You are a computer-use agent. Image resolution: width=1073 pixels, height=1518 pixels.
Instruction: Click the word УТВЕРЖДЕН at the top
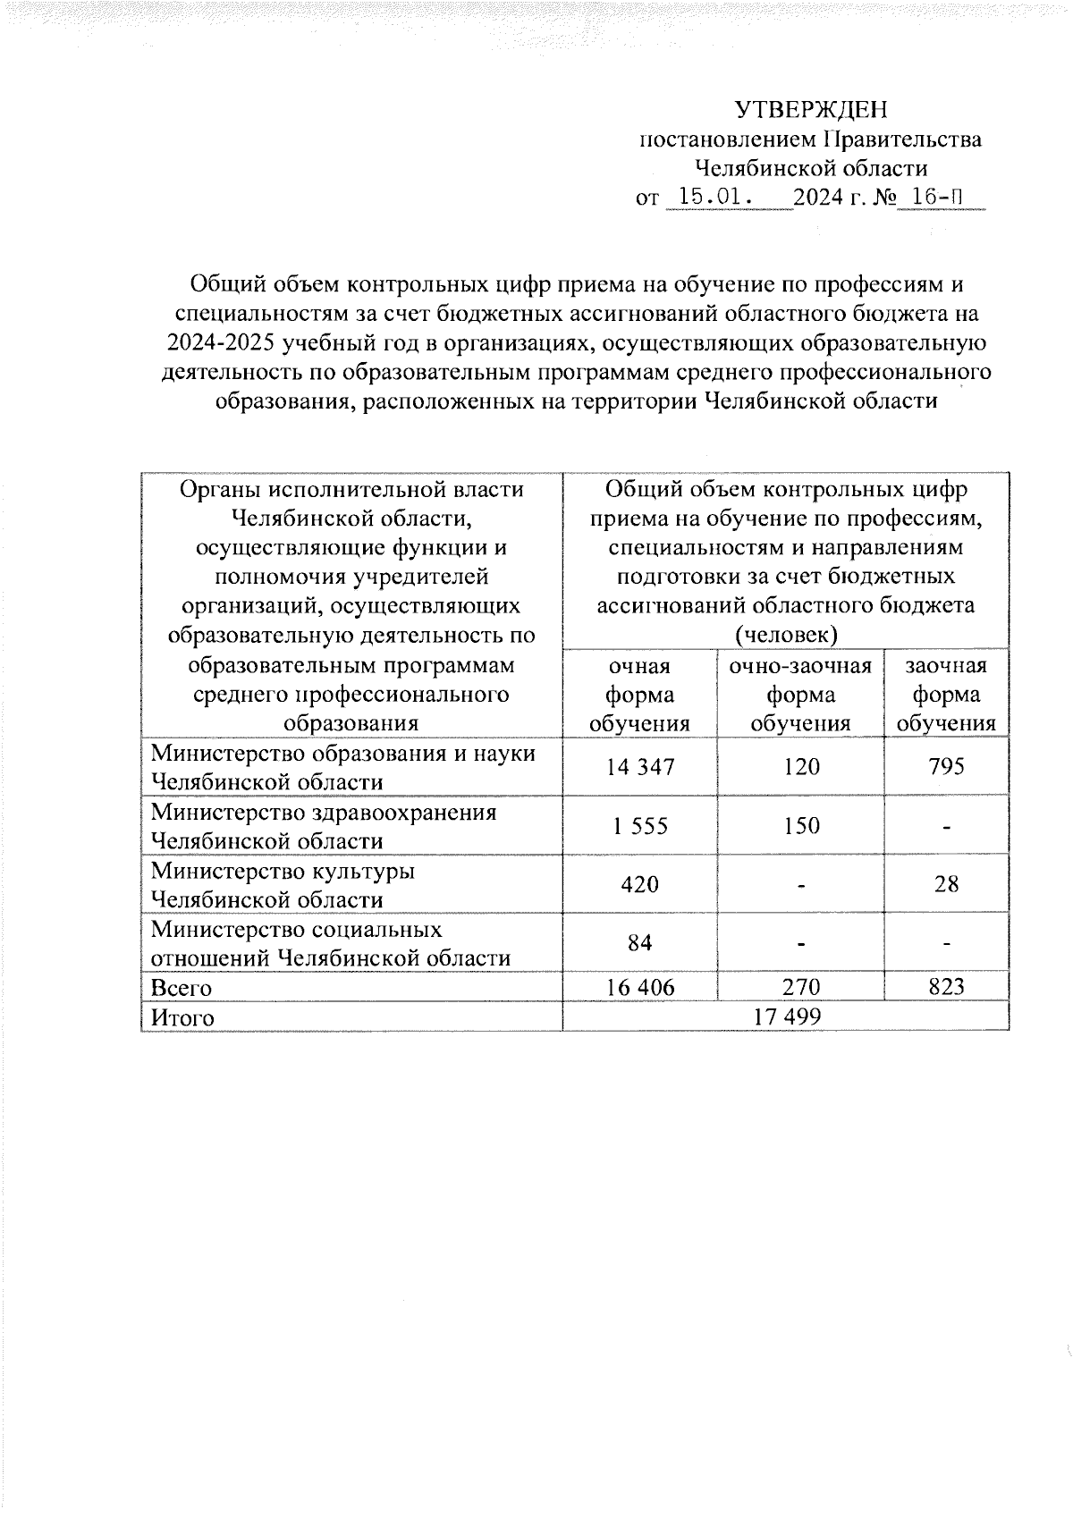pyautogui.click(x=811, y=110)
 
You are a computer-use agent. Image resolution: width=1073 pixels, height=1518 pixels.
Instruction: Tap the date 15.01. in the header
pyautogui.click(x=714, y=197)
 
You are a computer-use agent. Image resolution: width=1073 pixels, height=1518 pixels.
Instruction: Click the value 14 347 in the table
pyautogui.click(x=640, y=767)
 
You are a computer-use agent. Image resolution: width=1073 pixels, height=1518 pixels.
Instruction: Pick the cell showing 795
pyautogui.click(x=946, y=767)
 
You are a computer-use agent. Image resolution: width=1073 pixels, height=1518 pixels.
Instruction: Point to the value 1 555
pyautogui.click(x=640, y=826)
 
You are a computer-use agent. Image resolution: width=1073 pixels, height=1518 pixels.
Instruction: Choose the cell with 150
pyautogui.click(x=800, y=826)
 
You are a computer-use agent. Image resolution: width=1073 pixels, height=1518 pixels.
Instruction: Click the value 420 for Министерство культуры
pyautogui.click(x=640, y=885)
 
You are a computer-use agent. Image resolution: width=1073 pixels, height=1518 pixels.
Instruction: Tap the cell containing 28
pyautogui.click(x=946, y=885)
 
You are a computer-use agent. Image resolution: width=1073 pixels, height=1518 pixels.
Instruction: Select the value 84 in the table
pyautogui.click(x=640, y=943)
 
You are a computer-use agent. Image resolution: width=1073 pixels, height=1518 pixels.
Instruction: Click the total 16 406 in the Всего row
pyautogui.click(x=640, y=988)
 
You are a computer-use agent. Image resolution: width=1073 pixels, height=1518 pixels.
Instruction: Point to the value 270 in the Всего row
pyautogui.click(x=800, y=988)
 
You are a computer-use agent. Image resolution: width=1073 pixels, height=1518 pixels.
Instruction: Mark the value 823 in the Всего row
pyautogui.click(x=946, y=988)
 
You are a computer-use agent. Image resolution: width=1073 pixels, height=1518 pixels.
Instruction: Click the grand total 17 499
pyautogui.click(x=786, y=1017)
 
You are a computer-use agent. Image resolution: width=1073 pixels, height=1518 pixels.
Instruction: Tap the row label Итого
pyautogui.click(x=182, y=1018)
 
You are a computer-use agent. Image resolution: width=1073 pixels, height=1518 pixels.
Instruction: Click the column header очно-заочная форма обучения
pyautogui.click(x=800, y=695)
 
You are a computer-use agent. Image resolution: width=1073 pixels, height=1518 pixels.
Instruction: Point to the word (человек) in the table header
pyautogui.click(x=786, y=636)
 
